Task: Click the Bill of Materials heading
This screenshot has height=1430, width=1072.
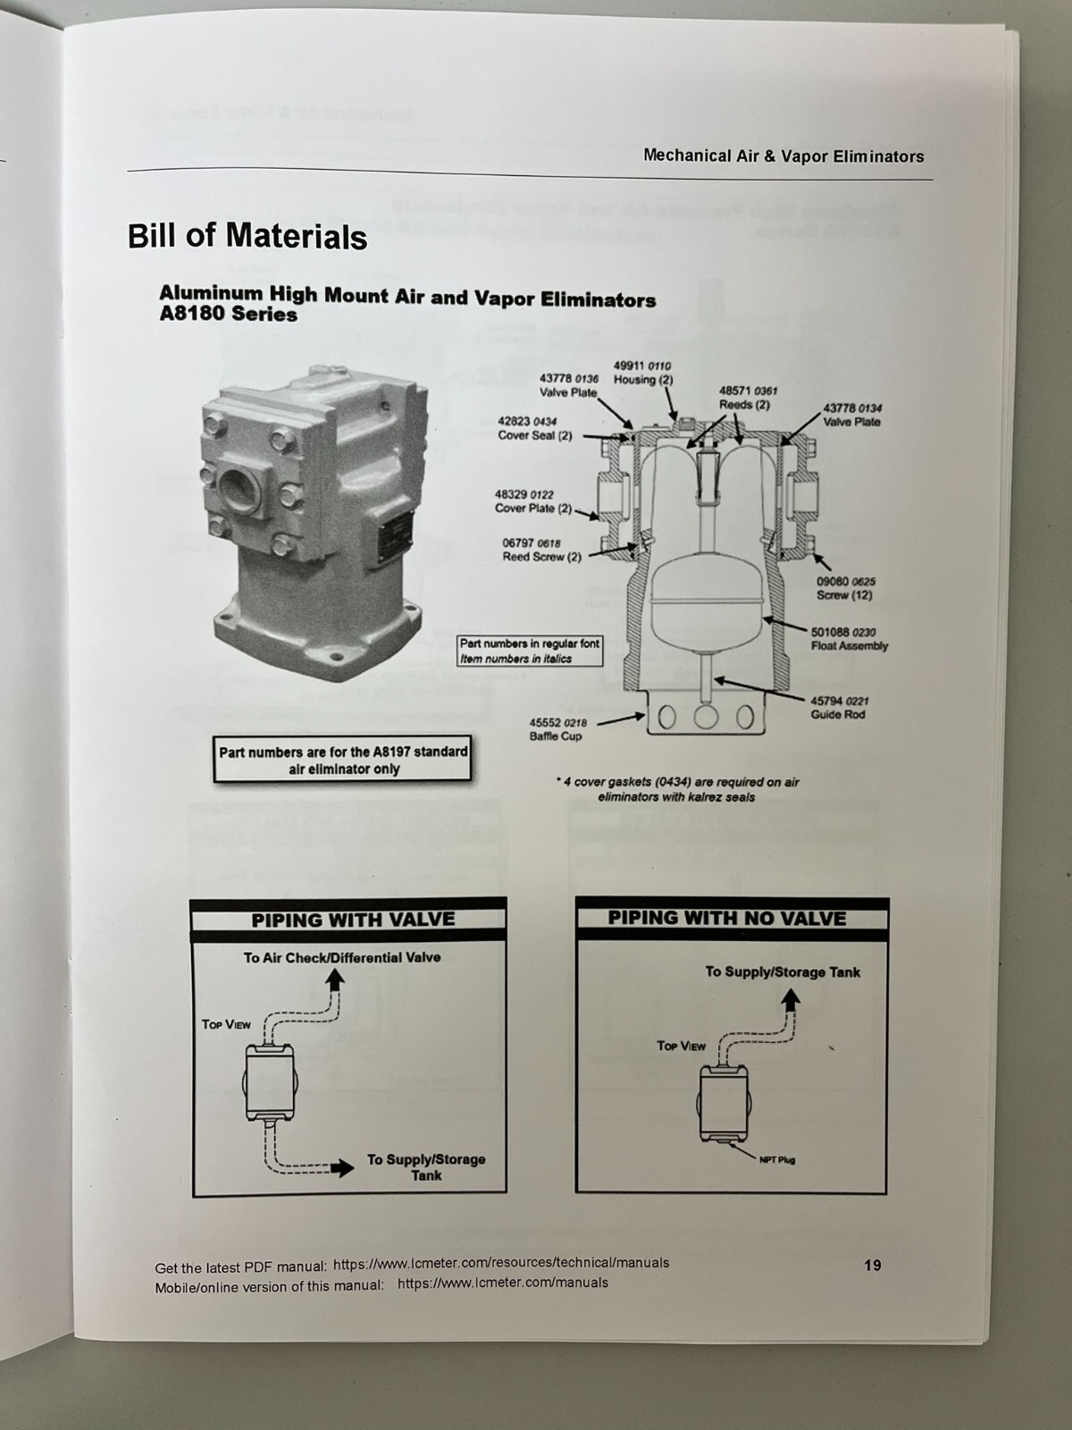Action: coord(247,237)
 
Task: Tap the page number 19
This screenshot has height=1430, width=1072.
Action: coord(873,1265)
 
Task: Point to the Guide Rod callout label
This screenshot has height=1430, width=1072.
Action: coord(839,708)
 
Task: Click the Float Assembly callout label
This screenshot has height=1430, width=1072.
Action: coord(849,639)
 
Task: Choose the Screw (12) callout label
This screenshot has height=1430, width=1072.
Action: coord(844,588)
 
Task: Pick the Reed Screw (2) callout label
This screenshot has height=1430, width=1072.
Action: coord(541,550)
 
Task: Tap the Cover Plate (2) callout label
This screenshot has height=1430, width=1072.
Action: coord(533,501)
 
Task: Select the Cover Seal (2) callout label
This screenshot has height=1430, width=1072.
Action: coord(534,428)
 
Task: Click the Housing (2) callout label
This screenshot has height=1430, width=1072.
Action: coord(643,373)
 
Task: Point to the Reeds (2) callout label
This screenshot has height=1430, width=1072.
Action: coord(746,398)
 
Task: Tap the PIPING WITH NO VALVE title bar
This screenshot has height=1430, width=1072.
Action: coord(727,918)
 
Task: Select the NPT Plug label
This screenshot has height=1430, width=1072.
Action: coord(776,1160)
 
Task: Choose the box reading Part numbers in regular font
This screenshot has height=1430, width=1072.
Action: coord(530,651)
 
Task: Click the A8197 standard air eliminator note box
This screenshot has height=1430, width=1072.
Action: coord(343,761)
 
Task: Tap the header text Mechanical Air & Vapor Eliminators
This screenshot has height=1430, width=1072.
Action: coord(783,156)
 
